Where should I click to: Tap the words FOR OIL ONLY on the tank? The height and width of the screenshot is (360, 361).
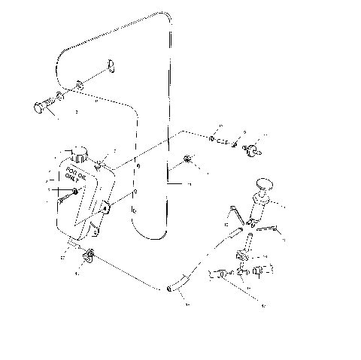[x=75, y=178]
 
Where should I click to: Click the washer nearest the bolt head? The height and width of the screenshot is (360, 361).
[x=59, y=98]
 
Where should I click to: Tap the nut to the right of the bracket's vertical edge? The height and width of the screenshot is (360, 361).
[x=187, y=159]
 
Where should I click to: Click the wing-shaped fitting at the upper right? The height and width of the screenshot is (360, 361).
[x=250, y=147]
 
